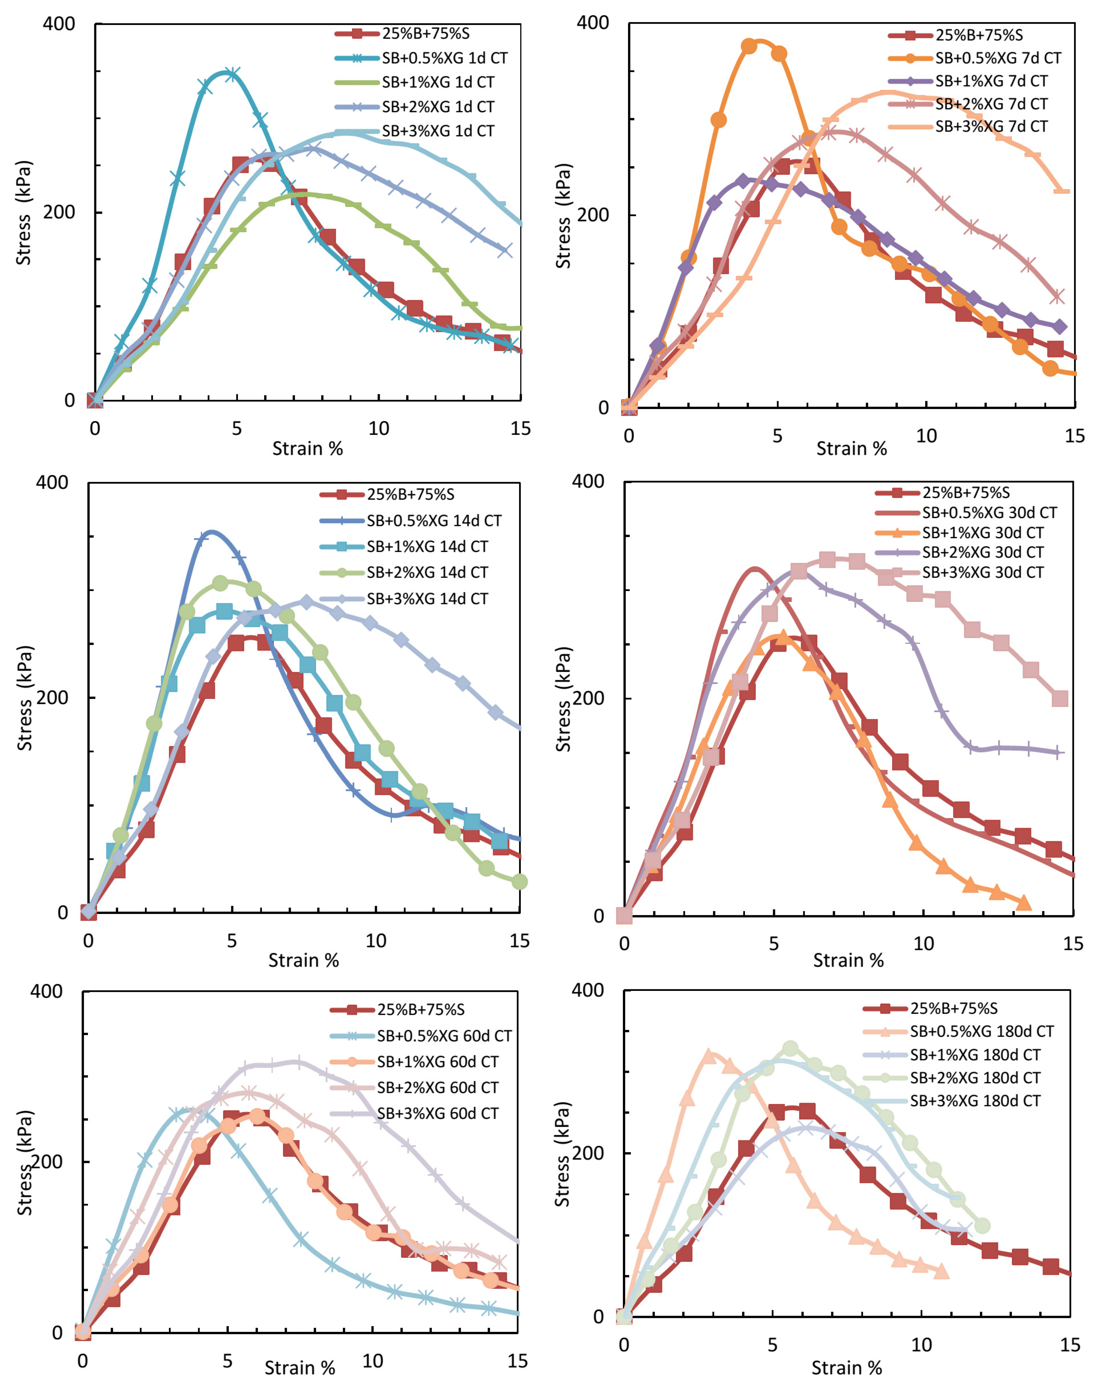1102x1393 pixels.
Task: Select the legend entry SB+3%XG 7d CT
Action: click(x=991, y=126)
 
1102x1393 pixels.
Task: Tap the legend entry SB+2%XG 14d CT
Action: click(x=427, y=572)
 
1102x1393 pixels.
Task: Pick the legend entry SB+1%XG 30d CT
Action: click(x=982, y=532)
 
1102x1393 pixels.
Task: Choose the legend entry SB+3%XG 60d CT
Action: click(x=437, y=1113)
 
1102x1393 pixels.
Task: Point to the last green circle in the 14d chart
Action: click(x=519, y=881)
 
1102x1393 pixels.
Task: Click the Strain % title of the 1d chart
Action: click(x=307, y=448)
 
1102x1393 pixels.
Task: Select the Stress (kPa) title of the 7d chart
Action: click(x=563, y=216)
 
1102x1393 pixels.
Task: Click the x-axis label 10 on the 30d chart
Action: click(x=923, y=943)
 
